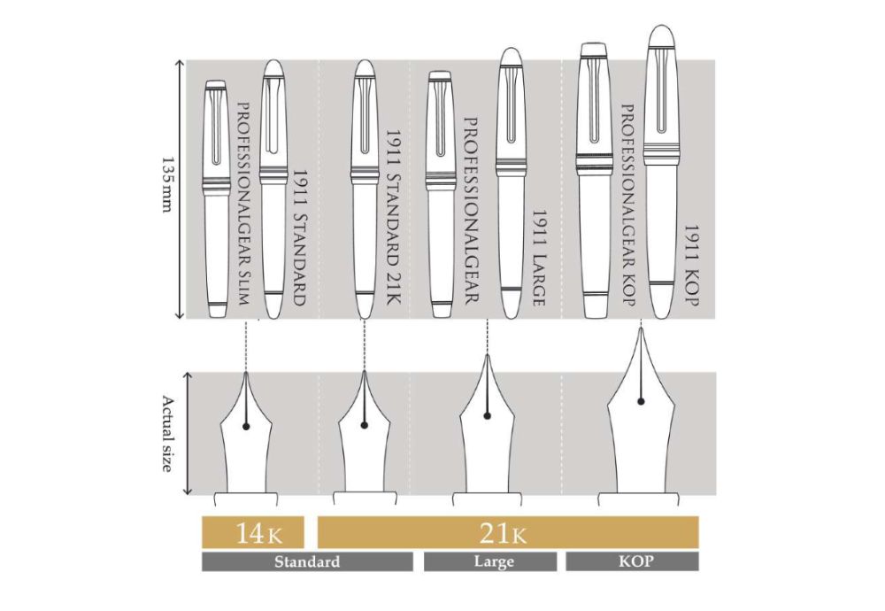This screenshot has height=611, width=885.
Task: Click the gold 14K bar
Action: tap(253, 532)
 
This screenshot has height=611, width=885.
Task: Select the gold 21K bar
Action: tap(508, 532)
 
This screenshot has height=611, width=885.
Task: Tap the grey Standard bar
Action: tap(307, 562)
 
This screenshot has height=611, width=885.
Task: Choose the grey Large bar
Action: tap(490, 562)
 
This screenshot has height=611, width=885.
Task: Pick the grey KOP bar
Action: tap(632, 562)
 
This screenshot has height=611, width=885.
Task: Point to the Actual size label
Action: tap(167, 434)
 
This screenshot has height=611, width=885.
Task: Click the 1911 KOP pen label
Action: tap(692, 265)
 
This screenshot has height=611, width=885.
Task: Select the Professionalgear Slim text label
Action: tap(242, 204)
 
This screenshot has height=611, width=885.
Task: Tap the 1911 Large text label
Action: tap(539, 258)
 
